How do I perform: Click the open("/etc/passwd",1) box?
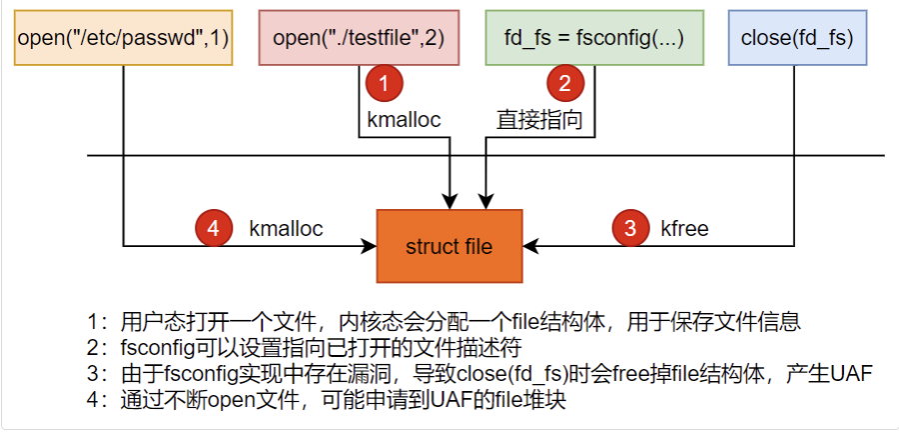coord(123,37)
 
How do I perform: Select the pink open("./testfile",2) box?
coord(359,37)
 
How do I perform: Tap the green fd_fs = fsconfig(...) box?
coord(594,37)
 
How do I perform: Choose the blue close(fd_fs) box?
coord(797,37)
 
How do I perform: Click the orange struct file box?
coord(449,246)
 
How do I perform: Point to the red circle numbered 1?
coord(385,84)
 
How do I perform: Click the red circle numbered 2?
coord(565,84)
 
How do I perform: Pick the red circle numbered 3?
coord(630,229)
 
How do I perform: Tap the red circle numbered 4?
coord(214,229)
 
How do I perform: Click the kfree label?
coord(684,229)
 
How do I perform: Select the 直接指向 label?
coord(539,120)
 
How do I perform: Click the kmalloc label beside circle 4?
coord(286,229)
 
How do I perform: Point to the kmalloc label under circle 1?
coord(405,119)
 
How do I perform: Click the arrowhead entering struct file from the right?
coord(529,246)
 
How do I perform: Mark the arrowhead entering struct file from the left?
coord(370,246)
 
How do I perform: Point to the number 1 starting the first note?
coord(93,322)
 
